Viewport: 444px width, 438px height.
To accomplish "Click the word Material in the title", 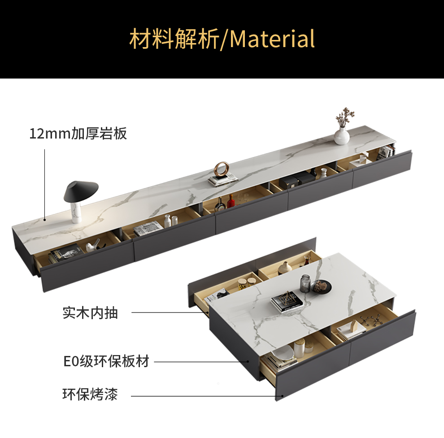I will [272, 39].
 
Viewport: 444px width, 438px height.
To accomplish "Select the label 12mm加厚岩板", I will [78, 134].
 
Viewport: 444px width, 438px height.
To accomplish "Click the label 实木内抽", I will [90, 312].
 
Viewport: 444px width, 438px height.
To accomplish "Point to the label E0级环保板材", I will [106, 361].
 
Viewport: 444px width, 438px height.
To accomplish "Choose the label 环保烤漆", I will [90, 395].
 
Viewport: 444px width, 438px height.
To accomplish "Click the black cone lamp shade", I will [81, 191].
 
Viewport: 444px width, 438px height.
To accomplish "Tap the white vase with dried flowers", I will [342, 134].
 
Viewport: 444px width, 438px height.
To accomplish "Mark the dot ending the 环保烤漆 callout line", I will [282, 396].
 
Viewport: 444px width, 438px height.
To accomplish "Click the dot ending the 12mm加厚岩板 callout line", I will [45, 220].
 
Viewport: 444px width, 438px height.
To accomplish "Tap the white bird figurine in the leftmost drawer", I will [92, 246].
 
